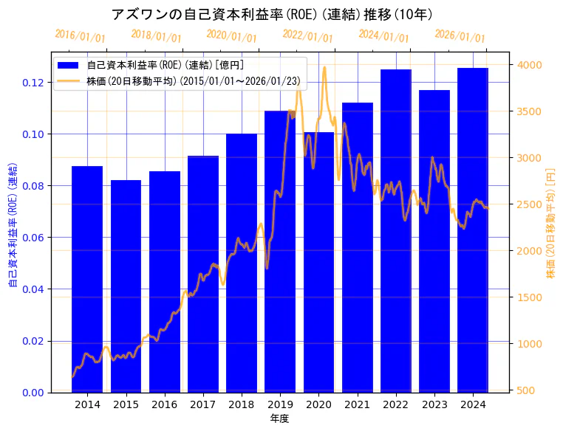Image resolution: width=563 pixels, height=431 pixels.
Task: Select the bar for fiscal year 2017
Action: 203,274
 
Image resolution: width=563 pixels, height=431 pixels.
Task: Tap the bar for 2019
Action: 280,251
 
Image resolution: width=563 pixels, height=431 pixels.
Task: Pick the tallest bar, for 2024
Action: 473,230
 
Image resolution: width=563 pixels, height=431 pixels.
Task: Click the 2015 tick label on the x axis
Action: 126,404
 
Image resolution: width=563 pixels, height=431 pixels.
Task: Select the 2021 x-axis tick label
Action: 358,404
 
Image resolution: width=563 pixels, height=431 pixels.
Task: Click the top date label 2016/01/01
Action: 80,36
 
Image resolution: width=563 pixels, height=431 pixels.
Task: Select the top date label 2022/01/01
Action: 307,36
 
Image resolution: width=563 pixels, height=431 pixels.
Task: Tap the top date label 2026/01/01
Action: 460,36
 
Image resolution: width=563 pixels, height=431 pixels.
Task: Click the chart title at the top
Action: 272,14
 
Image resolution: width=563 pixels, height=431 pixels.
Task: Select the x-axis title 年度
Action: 279,418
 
